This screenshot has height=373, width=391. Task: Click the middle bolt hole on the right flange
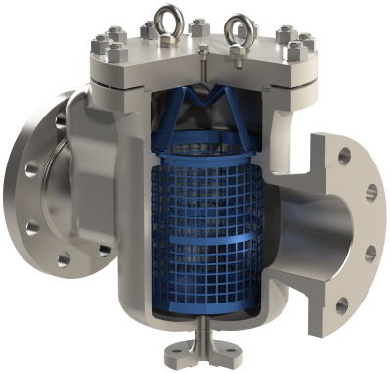pyautogui.click(x=370, y=254)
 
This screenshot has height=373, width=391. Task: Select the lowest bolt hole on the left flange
pyautogui.click(x=64, y=260)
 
